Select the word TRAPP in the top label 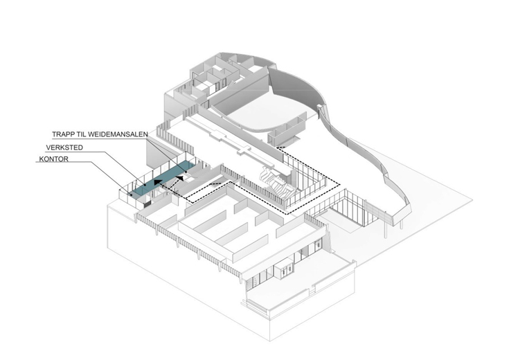(x=62, y=133)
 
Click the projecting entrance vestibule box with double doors (x=284, y=269)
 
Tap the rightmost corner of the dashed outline (x=339, y=184)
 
